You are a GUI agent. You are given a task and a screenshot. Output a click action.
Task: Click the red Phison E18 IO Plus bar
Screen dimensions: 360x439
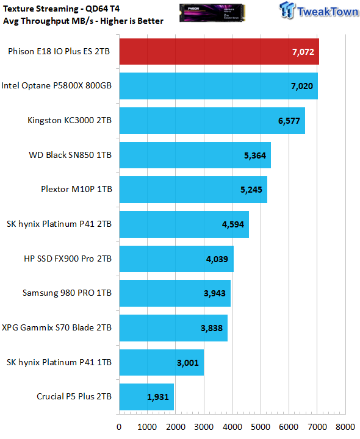pos(219,51)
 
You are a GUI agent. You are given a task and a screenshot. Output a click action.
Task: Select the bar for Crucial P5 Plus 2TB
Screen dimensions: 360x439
pos(146,397)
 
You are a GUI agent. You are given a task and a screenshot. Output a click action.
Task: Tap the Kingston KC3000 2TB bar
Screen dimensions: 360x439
pos(212,121)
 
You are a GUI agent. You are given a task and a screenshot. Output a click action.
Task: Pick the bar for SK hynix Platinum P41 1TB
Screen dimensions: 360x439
pos(162,362)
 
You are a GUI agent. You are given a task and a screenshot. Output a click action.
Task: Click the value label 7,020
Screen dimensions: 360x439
pos(302,86)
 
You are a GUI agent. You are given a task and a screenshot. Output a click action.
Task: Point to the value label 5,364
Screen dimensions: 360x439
pos(255,155)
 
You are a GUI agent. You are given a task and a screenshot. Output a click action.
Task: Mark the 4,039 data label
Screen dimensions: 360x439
pos(217,259)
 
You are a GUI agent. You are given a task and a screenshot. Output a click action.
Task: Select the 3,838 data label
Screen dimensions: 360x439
pos(212,328)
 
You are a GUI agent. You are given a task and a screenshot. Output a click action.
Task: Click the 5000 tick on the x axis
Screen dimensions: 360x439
pos(261,427)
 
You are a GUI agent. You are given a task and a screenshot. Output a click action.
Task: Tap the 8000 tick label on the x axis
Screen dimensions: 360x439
pos(345,427)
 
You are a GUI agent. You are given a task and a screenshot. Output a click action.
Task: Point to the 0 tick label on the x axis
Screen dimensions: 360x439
pos(119,427)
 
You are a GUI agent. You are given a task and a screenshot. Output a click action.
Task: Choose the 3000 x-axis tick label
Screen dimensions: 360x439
pos(204,427)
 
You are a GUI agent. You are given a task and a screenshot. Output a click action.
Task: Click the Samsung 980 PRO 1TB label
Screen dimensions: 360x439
pos(67,293)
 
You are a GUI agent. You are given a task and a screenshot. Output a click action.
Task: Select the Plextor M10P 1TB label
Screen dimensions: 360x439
pos(76,189)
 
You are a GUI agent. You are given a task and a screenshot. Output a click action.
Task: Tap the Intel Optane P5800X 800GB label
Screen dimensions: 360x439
pos(57,85)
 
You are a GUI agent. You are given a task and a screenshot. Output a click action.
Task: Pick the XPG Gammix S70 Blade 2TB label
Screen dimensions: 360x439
pos(57,327)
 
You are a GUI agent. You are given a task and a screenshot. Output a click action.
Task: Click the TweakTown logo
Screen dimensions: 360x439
pos(319,10)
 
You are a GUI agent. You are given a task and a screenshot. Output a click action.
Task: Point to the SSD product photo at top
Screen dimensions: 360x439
pos(212,13)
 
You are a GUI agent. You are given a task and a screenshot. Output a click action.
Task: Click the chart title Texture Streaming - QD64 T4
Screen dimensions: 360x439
pos(62,9)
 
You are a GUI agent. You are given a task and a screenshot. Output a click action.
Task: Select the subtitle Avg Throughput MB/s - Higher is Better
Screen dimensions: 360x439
pos(83,21)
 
